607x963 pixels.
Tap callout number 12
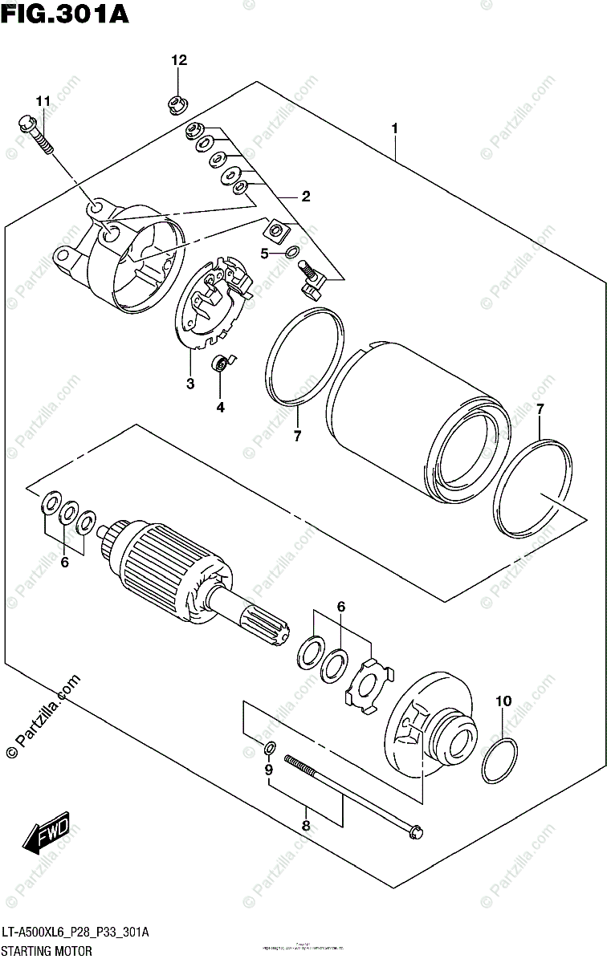pos(178,60)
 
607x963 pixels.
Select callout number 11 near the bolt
pos(43,100)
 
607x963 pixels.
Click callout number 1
pos(395,128)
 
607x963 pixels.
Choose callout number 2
pos(306,196)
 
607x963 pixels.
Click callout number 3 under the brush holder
pos(190,384)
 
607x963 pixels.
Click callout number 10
pos(503,701)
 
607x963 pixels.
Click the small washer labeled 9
pos(271,749)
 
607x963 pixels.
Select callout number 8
pos(306,825)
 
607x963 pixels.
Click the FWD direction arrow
pos(47,835)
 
